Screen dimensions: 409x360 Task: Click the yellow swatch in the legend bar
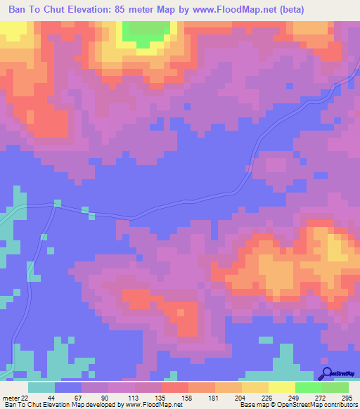tap(255, 387)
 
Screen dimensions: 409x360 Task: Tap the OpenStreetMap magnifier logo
tap(326, 374)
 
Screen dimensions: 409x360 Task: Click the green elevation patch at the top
tap(147, 32)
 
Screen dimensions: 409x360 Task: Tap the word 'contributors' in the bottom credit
tap(339, 405)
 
